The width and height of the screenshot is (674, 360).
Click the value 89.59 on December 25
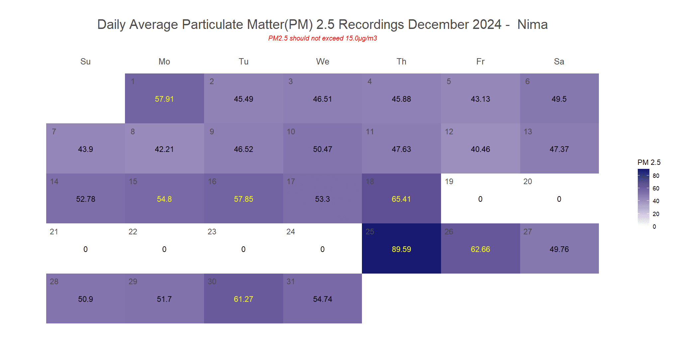(401, 249)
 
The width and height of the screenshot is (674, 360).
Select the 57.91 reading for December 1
(164, 99)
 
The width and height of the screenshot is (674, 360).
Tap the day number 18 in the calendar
(370, 181)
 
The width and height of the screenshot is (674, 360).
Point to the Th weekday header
(401, 61)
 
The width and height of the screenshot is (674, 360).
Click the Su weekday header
(85, 61)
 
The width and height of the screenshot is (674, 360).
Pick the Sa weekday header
(559, 61)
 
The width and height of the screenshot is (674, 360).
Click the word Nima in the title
(532, 25)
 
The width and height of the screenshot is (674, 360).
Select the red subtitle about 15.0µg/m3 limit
(322, 38)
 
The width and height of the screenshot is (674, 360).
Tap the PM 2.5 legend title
(649, 162)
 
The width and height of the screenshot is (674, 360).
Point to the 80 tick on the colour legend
(656, 176)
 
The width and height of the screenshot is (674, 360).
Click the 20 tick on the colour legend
(656, 214)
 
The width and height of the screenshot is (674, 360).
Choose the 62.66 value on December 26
(480, 249)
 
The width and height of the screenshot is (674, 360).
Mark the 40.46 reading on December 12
(480, 149)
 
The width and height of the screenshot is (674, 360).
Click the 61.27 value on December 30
(243, 299)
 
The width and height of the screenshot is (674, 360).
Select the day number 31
(290, 282)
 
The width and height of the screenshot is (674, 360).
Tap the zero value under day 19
(480, 199)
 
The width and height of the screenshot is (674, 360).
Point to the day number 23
(212, 232)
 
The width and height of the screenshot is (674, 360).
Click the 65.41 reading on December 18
(401, 199)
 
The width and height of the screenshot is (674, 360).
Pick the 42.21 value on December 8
(164, 149)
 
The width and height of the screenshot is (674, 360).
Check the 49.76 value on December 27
(559, 249)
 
